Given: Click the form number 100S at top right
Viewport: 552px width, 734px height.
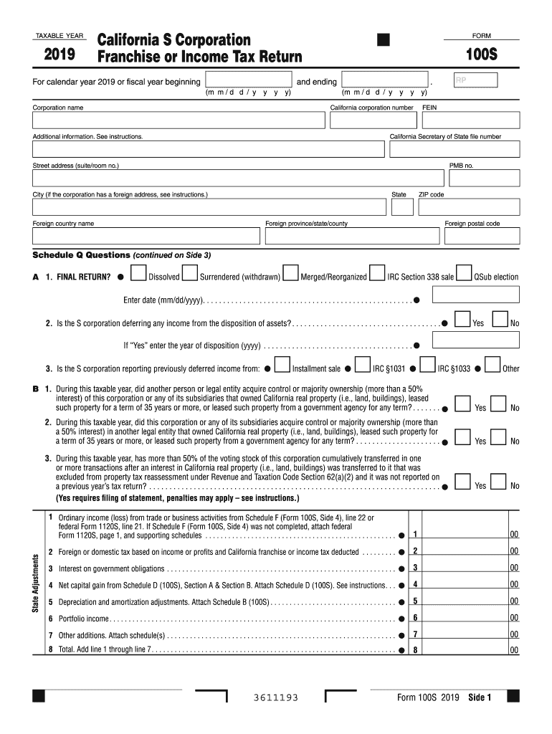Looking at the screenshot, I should [x=481, y=56].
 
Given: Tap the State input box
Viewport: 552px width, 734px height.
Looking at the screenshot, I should [x=402, y=207].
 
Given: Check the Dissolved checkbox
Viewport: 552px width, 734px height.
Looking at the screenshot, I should [x=138, y=274].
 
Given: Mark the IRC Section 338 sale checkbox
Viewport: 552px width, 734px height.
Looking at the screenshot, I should [x=377, y=274].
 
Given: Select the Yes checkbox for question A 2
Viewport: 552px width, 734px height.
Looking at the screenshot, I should [x=463, y=320].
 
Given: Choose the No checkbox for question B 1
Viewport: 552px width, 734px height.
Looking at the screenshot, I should [x=501, y=404].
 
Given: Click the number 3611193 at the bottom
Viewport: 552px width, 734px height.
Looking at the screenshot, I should [x=276, y=698].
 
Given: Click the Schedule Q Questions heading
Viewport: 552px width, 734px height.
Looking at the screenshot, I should [x=82, y=255].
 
